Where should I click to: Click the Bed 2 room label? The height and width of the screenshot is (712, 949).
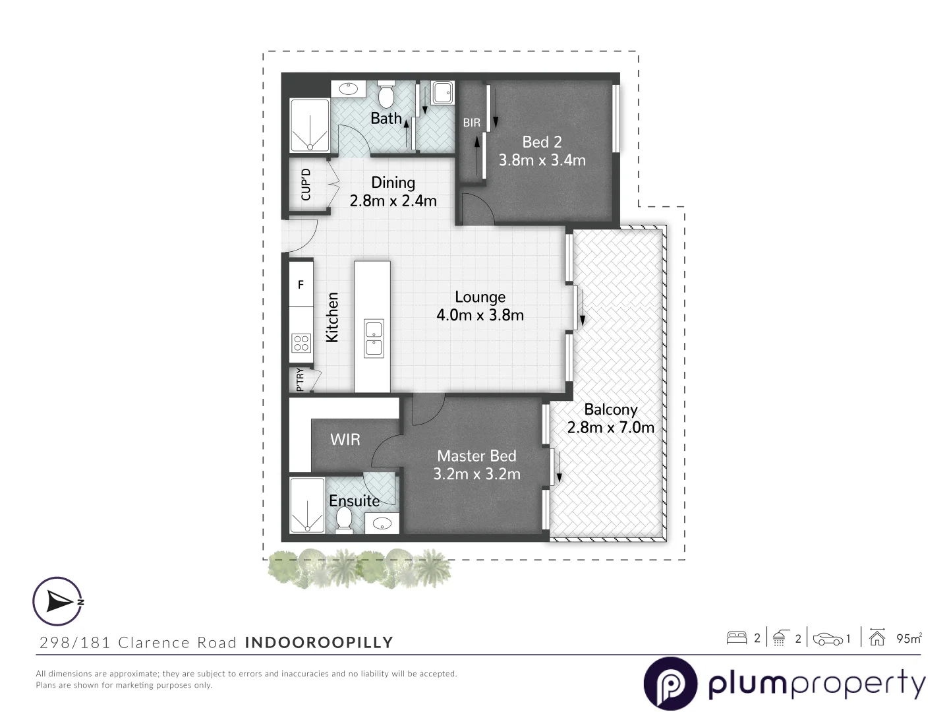pos(542,142)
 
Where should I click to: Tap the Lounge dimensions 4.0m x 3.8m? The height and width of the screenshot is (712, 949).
pos(480,315)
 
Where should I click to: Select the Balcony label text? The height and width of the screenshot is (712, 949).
pos(610,409)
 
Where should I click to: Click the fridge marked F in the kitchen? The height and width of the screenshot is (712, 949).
pos(301,285)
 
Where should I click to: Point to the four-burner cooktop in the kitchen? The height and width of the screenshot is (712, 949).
pos(301,343)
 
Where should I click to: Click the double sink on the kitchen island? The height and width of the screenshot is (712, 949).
pos(374,338)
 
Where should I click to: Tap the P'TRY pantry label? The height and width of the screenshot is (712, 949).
pos(301,380)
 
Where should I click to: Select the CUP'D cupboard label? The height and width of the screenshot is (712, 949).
pos(306,185)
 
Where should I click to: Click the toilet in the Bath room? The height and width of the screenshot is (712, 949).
pos(386,96)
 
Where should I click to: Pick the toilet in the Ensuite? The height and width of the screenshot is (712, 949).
pos(343,522)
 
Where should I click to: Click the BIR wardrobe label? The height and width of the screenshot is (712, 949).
pos(471,123)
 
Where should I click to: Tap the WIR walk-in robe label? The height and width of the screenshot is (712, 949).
pos(345,439)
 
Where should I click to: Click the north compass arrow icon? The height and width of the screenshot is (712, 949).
pos(58,601)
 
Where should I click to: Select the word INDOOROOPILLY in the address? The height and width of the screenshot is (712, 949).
pos(319,643)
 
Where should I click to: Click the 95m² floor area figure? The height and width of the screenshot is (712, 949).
pos(909,638)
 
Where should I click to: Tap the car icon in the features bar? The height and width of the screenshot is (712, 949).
pos(828,638)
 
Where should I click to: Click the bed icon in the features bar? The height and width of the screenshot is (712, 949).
pos(736,638)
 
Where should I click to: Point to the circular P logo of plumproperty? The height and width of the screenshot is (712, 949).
pos(670,684)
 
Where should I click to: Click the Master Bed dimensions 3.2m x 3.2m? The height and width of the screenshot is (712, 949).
pos(476,474)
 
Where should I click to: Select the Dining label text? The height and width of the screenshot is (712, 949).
pos(393,183)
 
